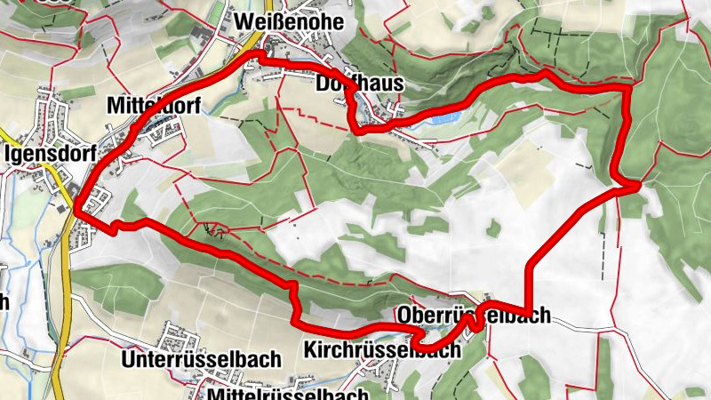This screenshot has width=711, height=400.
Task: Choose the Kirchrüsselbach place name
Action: coord(381,349)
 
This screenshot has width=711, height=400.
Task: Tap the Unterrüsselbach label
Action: coord(200,360)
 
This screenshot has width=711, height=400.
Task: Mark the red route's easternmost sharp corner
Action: coord(638,185)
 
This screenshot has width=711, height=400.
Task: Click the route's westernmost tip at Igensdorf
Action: coord(76,211)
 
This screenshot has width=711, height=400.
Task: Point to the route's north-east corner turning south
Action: coord(628,89)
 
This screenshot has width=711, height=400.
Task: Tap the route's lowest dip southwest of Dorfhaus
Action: coord(358,130)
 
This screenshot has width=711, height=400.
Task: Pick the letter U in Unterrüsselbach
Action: coord(125,360)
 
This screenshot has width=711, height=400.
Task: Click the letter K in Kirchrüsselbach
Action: coord(308,349)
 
